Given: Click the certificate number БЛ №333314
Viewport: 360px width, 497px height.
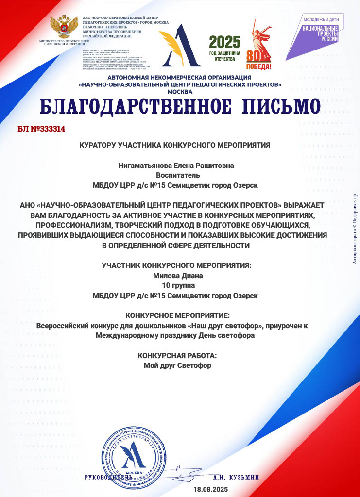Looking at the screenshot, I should tap(41, 130).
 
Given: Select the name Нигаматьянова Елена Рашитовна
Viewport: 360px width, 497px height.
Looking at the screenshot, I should tap(176, 166).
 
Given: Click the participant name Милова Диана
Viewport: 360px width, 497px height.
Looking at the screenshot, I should tap(177, 275).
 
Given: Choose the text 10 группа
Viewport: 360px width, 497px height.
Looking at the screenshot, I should tap(177, 285).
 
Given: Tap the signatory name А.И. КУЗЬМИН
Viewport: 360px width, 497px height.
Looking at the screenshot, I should tap(236, 478).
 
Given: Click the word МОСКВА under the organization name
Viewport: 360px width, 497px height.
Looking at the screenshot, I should tap(180, 91).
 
